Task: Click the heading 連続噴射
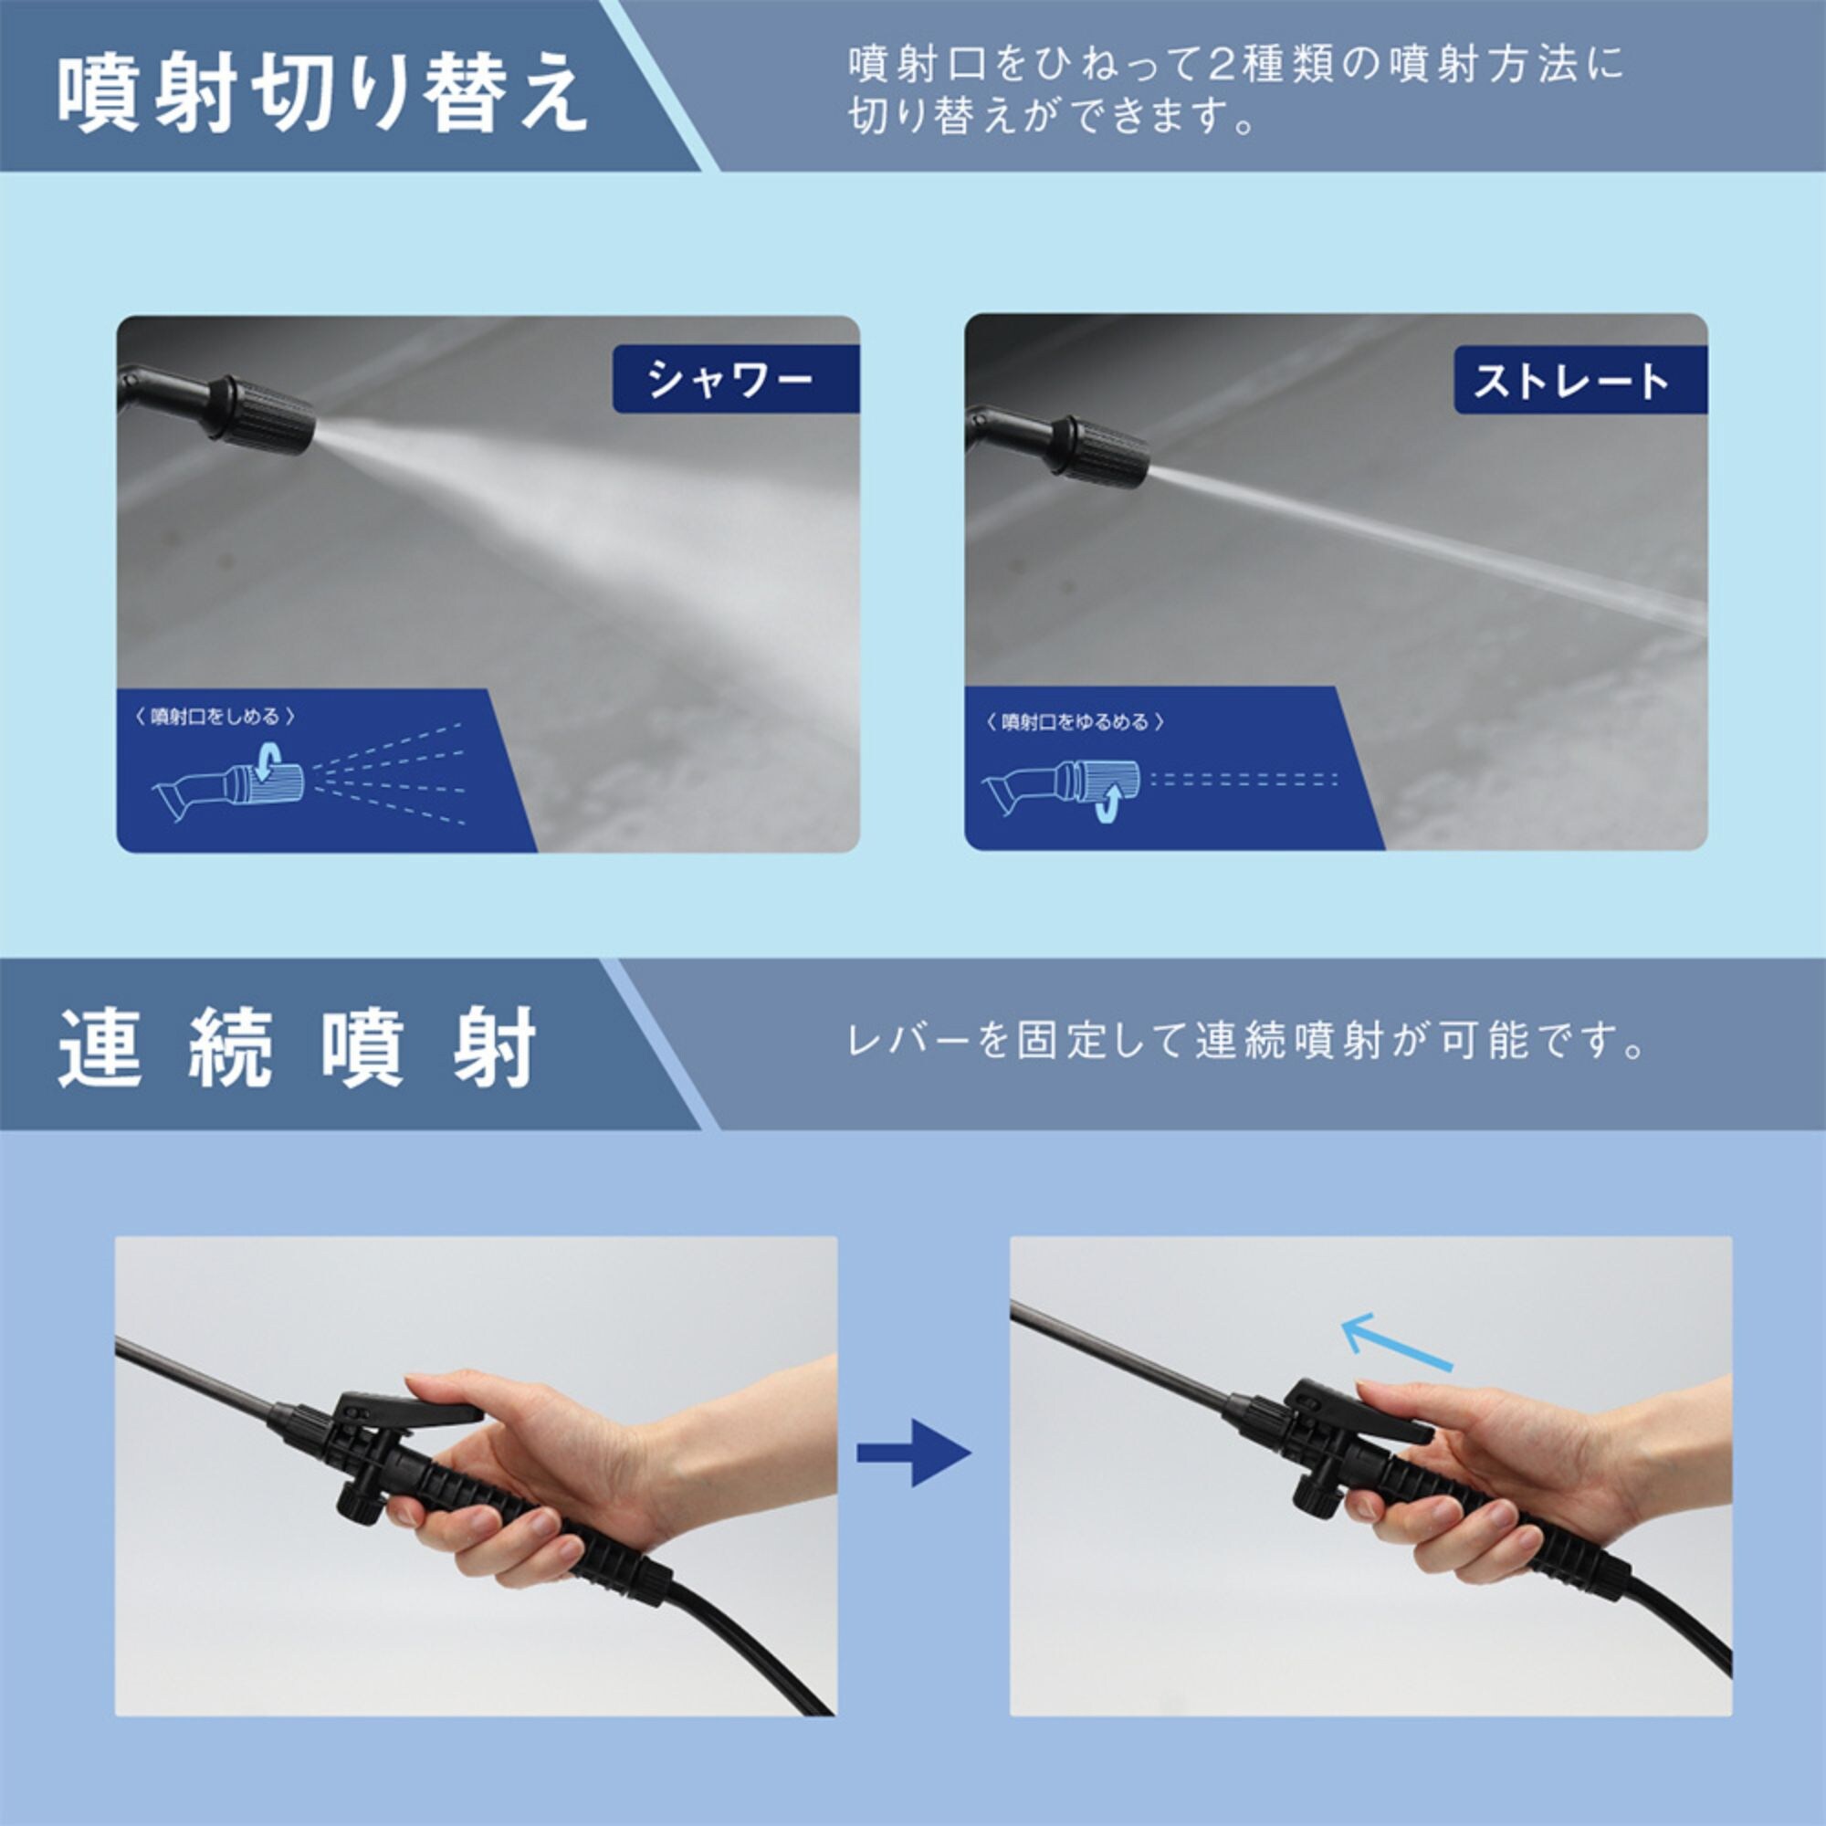[299, 1048]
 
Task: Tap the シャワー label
[729, 379]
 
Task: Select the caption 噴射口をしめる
[215, 717]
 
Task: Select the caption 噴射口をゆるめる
[1075, 722]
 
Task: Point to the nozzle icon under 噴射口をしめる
[229, 782]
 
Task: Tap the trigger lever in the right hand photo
[1361, 1408]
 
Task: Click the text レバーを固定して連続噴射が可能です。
[1246, 1042]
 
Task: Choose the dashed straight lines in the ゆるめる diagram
[1244, 780]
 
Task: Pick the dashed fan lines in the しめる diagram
[390, 773]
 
